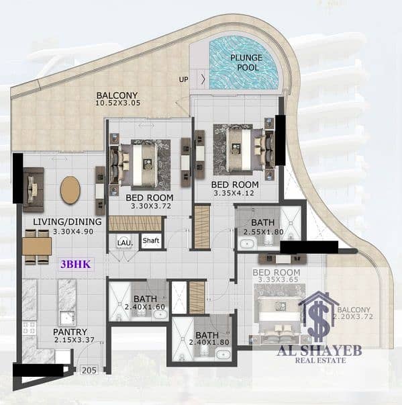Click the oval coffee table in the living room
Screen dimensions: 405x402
pyautogui.click(x=70, y=190)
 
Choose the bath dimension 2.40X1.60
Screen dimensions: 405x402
pyautogui.click(x=145, y=308)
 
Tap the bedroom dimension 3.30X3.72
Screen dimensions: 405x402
pyautogui.click(x=150, y=208)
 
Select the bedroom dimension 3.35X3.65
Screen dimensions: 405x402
pyautogui.click(x=276, y=282)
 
